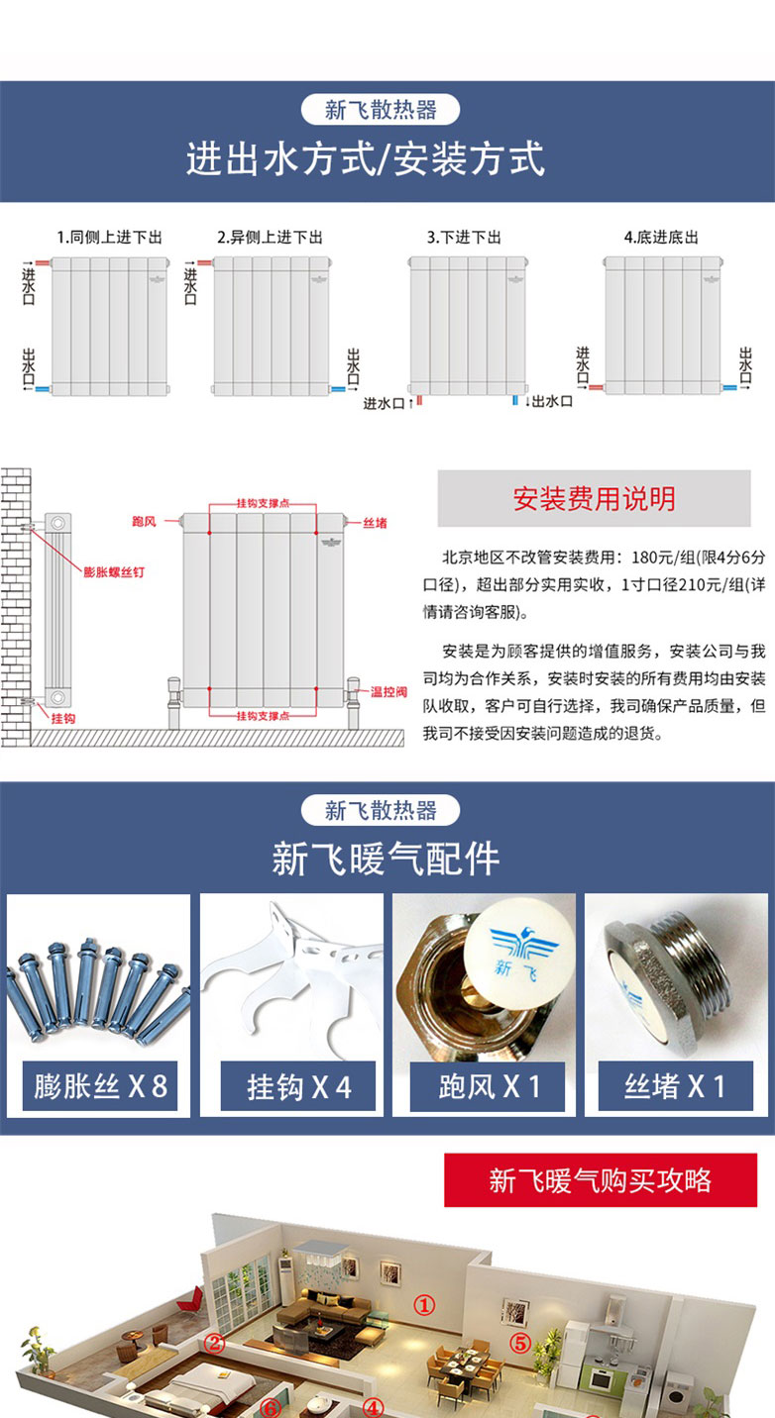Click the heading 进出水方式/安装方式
point(365,158)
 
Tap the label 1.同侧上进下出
point(110,238)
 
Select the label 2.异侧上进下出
point(270,238)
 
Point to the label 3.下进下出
point(464,238)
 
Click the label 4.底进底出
point(661,238)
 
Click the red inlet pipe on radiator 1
point(43,262)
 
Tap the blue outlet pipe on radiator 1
point(43,389)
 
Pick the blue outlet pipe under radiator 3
point(515,401)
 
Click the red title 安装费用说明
point(594,499)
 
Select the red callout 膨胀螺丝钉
point(114,572)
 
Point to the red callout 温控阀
point(388,692)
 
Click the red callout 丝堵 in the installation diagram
point(375,523)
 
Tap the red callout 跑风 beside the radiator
point(144,522)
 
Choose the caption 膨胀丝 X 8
point(100,1086)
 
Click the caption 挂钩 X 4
point(298,1087)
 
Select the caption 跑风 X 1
point(489,1087)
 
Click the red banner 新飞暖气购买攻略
point(601,1180)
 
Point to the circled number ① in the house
point(424,1305)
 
